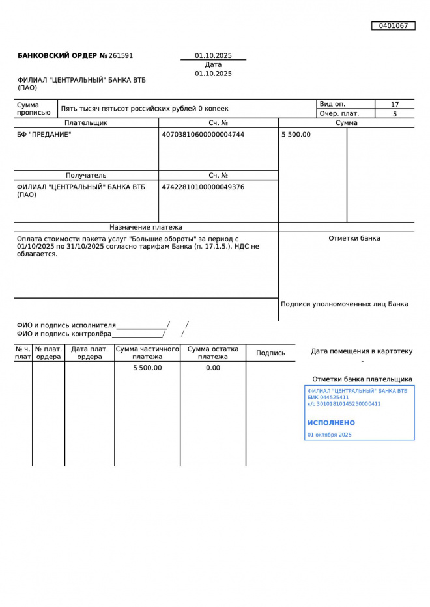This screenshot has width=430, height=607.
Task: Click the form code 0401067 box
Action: [393, 26]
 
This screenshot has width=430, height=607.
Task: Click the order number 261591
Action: [121, 56]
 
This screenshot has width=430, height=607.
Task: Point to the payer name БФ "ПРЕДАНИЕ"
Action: [44, 135]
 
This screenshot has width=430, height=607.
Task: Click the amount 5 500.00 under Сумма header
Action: [296, 135]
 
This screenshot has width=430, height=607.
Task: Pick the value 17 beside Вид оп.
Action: [395, 105]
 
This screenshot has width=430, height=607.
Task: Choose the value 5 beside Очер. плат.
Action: [395, 114]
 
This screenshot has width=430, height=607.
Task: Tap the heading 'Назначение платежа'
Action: [146, 228]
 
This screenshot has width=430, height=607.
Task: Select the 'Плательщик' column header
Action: [86, 123]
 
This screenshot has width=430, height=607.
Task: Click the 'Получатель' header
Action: [86, 176]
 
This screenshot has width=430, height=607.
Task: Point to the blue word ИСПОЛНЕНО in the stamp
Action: [332, 423]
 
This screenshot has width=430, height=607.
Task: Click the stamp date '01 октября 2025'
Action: [330, 435]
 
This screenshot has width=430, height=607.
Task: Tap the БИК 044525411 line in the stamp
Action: [328, 398]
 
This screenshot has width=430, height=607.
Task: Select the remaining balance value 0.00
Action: [213, 368]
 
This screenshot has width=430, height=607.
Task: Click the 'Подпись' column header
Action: [270, 353]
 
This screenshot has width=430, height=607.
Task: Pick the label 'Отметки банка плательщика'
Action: [362, 379]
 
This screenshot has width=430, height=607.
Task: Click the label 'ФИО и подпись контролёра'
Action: [64, 334]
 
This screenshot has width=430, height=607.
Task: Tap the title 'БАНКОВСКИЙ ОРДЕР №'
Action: [62, 56]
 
